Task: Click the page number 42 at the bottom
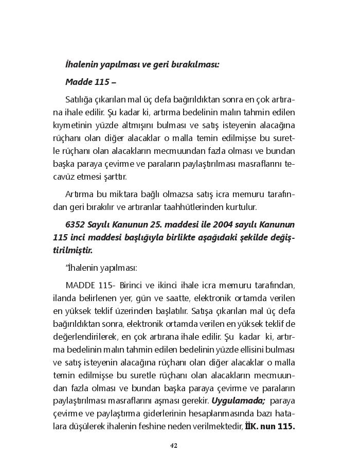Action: click(173, 446)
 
